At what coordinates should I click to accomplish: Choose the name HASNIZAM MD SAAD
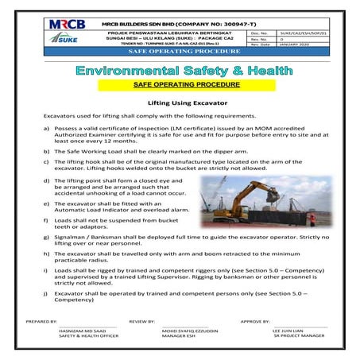click(x=84, y=331)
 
